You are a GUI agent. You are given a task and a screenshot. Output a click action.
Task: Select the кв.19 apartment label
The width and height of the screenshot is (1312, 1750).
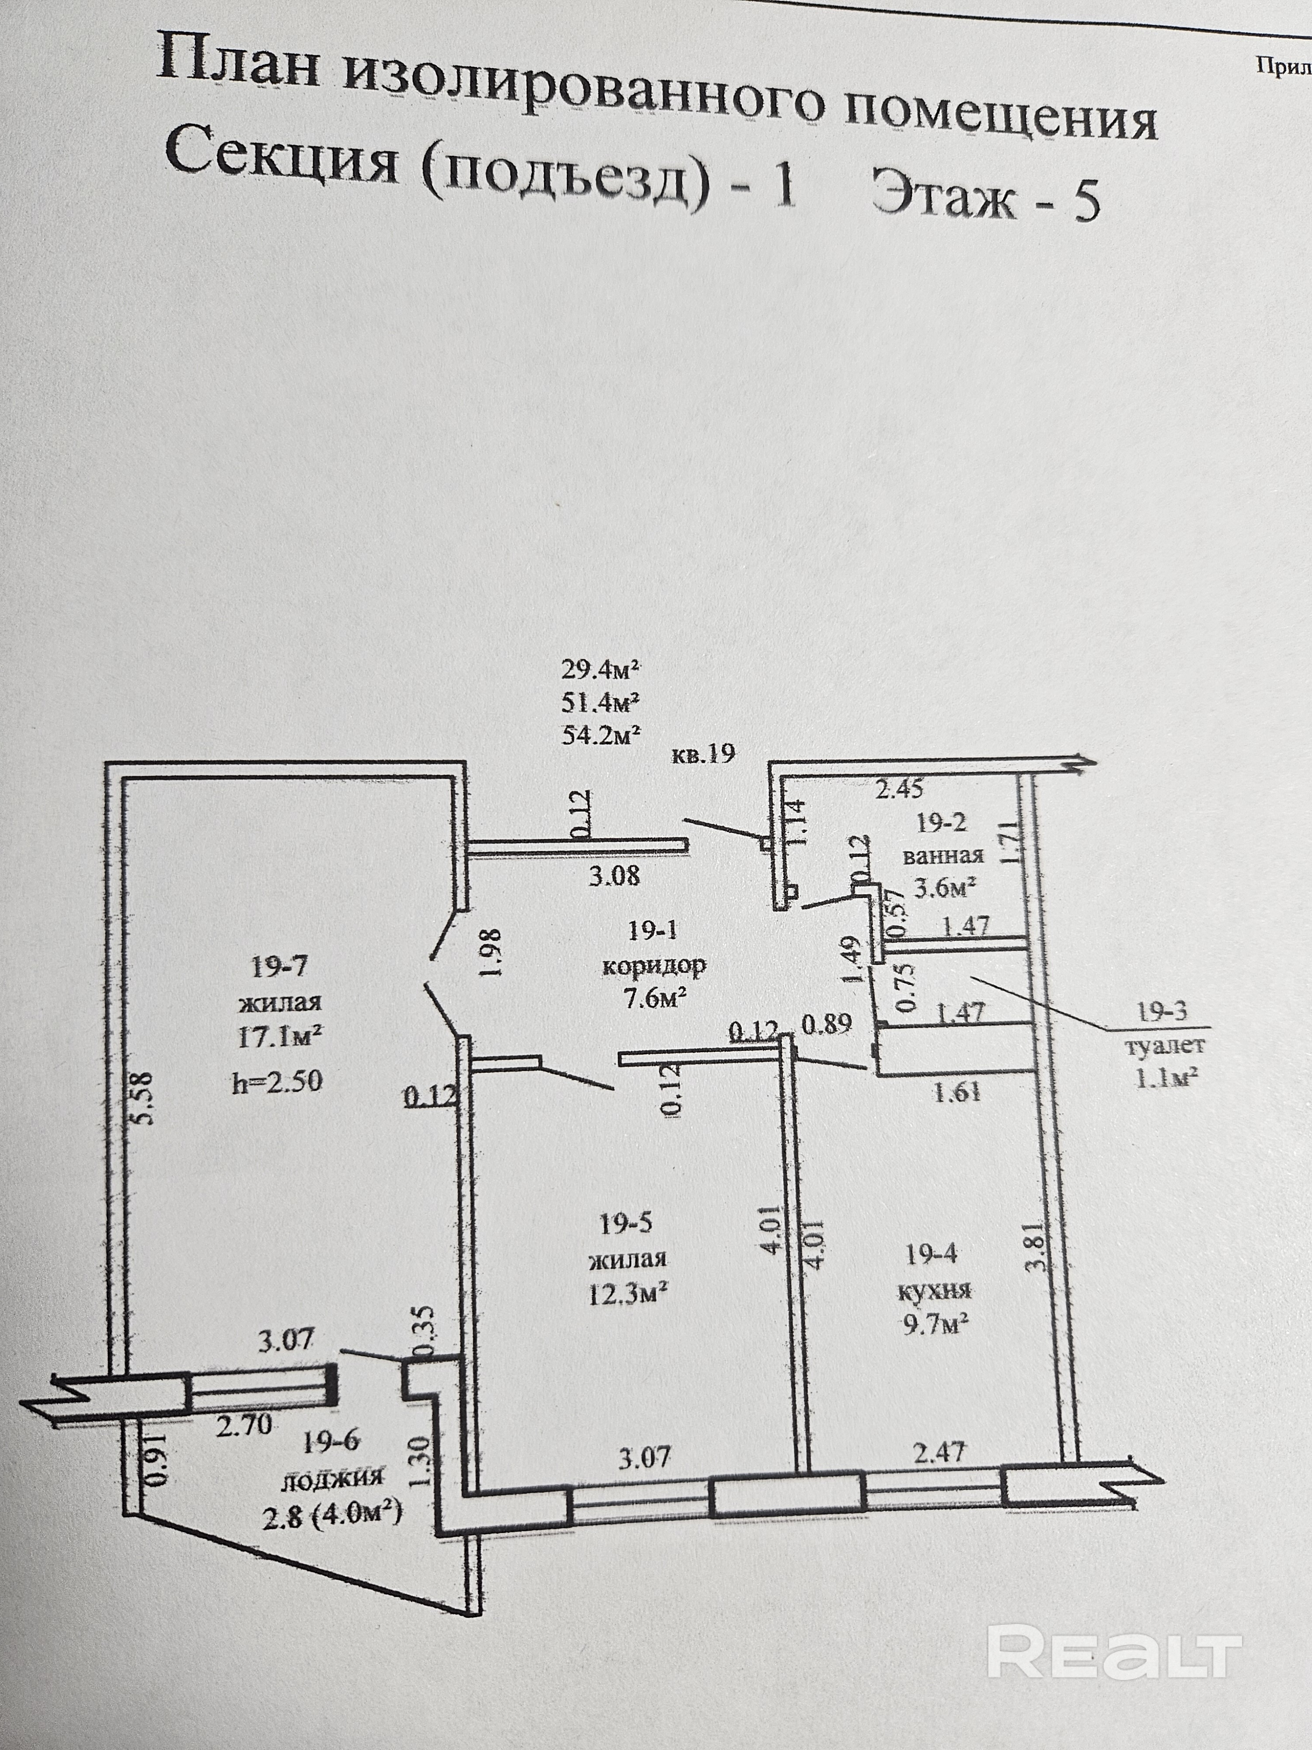pyautogui.click(x=704, y=754)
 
